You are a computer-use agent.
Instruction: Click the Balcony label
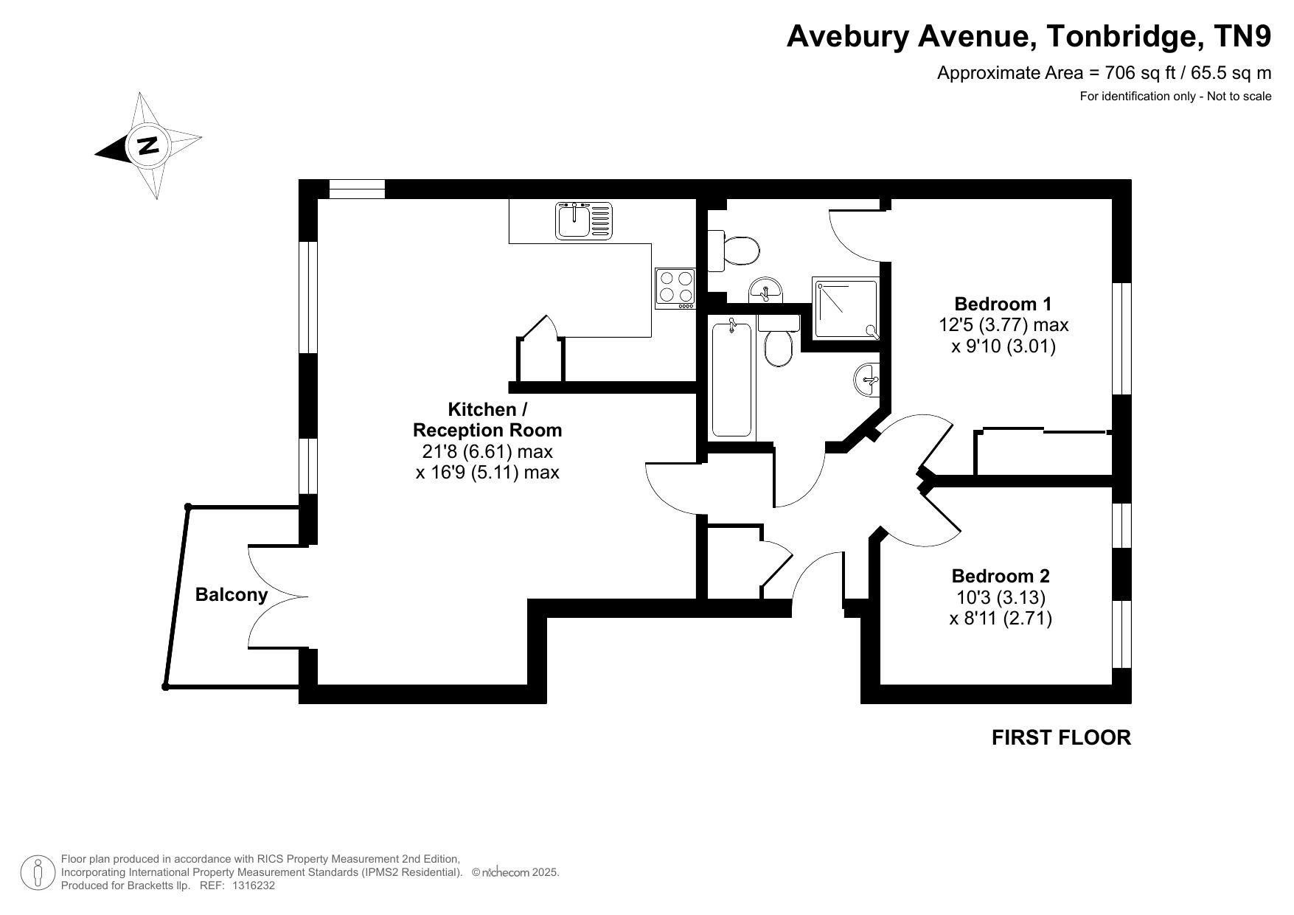[x=231, y=594]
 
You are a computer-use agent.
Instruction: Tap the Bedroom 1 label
[x=1003, y=304]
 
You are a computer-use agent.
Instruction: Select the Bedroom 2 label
[x=1001, y=576]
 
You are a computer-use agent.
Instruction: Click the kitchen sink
[x=583, y=220]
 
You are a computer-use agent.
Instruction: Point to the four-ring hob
[x=675, y=288]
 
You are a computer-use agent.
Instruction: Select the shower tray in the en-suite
[x=846, y=307]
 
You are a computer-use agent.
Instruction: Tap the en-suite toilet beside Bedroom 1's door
[x=734, y=251]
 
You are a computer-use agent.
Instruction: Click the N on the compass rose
[x=149, y=145]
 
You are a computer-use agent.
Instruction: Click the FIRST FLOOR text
[x=1061, y=737]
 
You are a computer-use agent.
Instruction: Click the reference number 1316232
[x=254, y=886]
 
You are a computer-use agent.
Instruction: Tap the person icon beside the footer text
[x=38, y=872]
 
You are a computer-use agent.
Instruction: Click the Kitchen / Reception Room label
[x=487, y=420]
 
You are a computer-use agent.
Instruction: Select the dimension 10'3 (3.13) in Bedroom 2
[x=998, y=596]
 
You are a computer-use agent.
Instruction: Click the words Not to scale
[x=1239, y=96]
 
